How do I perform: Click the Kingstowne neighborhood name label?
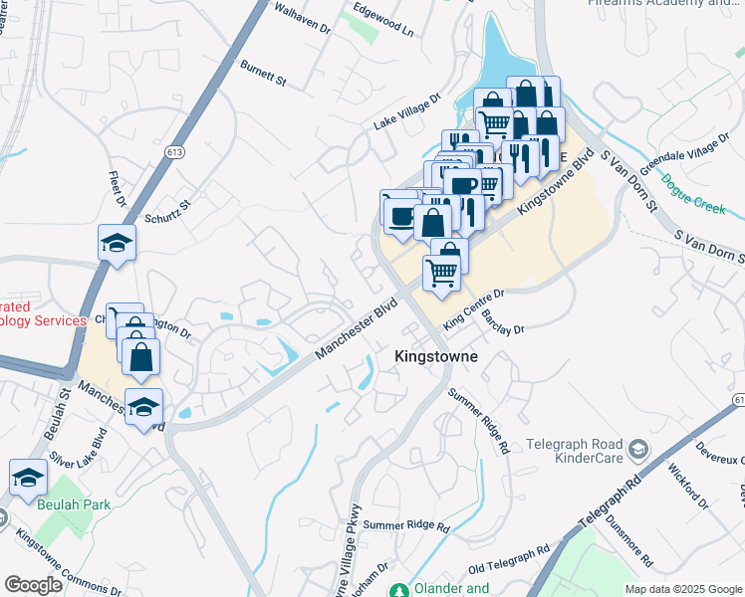435,355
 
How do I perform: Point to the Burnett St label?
263,72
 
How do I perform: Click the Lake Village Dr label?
406,112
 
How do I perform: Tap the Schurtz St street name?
166,211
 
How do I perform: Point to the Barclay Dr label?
502,320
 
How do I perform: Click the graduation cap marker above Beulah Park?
28,479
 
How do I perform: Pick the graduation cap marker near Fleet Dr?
117,242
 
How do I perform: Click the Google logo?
34,584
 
